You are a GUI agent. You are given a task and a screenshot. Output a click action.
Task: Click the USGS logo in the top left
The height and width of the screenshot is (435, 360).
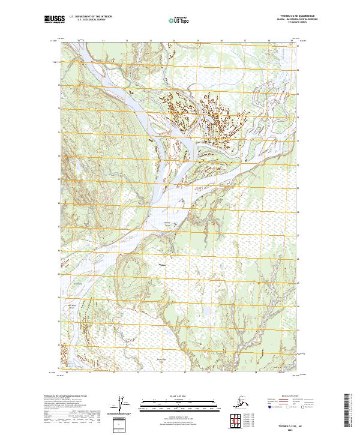click(x=55, y=20)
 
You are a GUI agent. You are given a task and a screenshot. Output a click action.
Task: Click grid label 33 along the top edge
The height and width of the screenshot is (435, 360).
click(x=150, y=41)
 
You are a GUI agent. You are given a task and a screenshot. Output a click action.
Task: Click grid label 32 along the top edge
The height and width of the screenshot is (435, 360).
click(x=127, y=41)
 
